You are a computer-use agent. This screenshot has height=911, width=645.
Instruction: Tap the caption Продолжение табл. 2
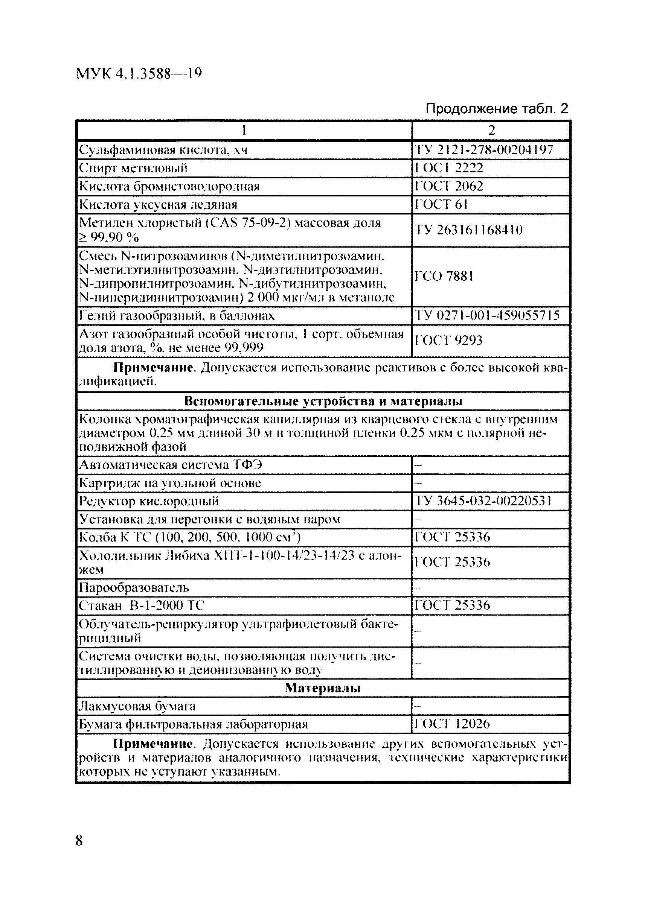tap(497, 108)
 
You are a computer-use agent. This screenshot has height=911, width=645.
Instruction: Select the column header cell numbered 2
tap(491, 130)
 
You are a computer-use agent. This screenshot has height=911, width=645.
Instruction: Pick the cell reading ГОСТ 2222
tap(449, 168)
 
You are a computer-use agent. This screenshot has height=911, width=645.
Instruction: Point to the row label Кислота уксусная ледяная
tap(158, 204)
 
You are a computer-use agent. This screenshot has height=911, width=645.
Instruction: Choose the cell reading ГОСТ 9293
tap(448, 340)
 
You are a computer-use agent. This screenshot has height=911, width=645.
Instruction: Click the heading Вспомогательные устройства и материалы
tap(323, 402)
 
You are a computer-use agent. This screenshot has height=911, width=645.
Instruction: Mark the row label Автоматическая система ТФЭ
tap(171, 464)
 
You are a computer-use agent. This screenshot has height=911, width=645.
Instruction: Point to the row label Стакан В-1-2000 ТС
tap(142, 605)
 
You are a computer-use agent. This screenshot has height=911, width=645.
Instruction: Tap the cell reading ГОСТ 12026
tap(452, 724)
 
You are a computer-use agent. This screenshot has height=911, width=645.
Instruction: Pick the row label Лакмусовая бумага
tap(137, 706)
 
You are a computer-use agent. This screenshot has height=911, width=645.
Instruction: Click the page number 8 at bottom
tap(79, 840)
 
